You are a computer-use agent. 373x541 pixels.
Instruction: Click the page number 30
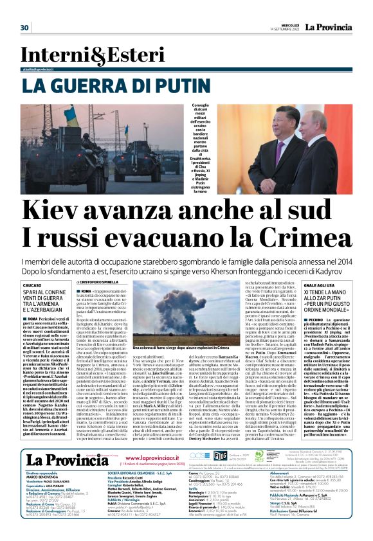pyautogui.click(x=25, y=27)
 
